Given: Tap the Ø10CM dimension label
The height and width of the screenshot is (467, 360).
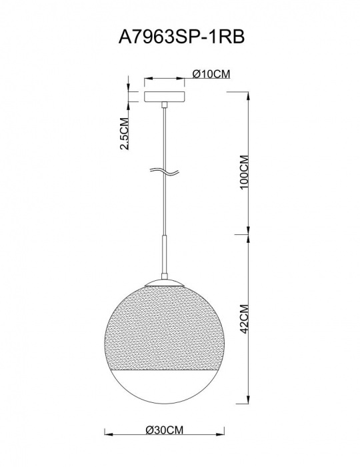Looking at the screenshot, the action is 211,74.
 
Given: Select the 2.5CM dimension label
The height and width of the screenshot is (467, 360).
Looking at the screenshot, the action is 125,133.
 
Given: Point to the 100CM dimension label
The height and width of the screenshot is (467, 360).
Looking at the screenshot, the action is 244,171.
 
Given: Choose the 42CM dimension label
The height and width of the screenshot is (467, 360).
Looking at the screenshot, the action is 244,319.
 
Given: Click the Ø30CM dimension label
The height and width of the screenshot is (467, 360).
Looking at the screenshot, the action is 165,430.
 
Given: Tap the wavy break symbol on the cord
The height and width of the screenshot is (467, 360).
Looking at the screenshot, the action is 164,171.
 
